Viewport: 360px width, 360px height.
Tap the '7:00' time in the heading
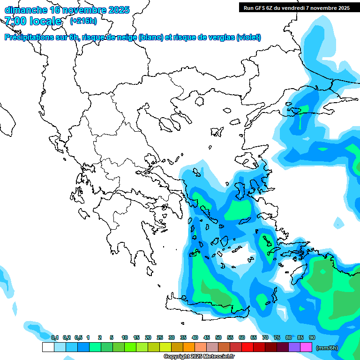coord(15,21)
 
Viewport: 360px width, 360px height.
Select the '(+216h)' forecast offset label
coord(83,21)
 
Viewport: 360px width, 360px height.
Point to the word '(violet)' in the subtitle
coord(248,37)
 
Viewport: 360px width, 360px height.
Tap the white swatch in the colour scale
coord(48,347)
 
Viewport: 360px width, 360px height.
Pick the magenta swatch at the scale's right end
coord(306,347)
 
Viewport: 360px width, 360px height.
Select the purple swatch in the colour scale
coord(294,347)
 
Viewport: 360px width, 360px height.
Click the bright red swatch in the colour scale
coord(247,347)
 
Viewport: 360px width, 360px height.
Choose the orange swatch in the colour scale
coord(188,347)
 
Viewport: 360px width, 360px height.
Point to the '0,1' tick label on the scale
coord(54,337)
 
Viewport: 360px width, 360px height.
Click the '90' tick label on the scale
coord(312,337)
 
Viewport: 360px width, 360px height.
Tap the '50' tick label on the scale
coord(218,337)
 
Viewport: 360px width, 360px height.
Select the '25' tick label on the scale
coord(160,337)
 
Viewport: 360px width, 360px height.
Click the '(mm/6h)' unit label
coord(327,348)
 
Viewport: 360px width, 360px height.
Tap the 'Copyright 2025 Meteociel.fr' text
coord(199,357)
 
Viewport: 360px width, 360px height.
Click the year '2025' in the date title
coord(119,10)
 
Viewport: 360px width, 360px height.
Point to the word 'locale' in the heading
coord(45,21)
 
